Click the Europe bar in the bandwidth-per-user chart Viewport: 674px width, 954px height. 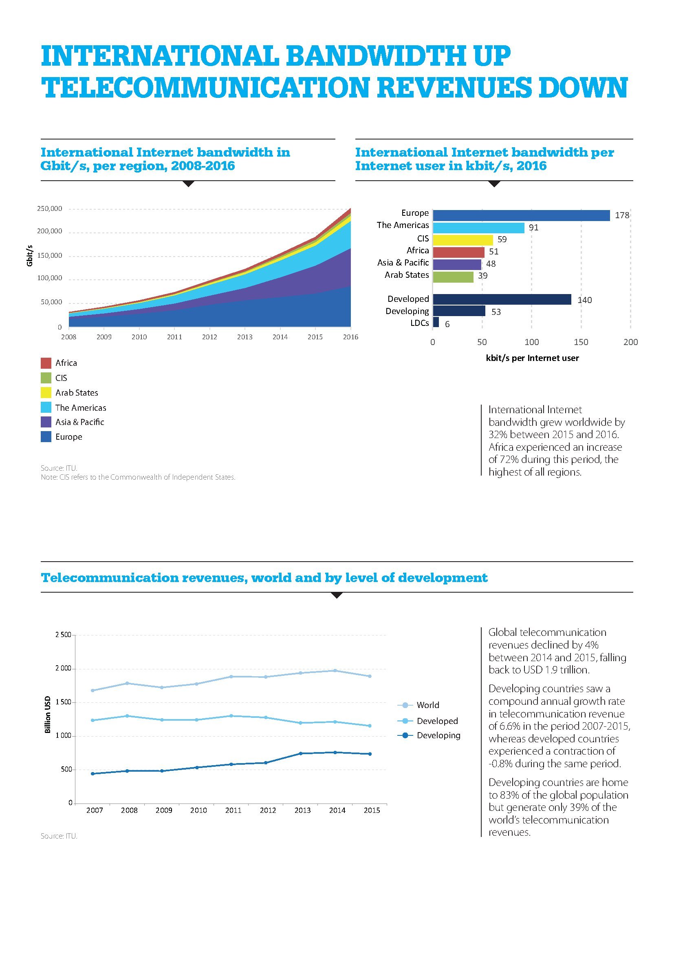pos(521,215)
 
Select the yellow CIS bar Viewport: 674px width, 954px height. pos(463,240)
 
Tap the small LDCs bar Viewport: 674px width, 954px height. pos(436,323)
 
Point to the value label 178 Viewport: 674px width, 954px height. pos(622,215)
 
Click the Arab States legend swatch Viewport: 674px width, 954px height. pos(46,393)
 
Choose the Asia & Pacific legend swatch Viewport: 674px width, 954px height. pos(46,422)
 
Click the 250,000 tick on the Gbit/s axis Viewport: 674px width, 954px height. pos(50,208)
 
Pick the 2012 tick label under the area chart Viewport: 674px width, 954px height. pos(209,337)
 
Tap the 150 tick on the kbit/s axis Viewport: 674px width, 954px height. pos(581,342)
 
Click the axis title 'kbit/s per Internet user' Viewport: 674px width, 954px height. pos(532,358)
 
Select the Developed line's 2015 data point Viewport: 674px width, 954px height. pos(370,726)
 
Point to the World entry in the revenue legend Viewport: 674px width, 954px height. pos(427,705)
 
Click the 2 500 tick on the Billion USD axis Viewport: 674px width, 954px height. pos(63,635)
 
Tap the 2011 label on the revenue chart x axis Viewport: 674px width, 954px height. pos(233,810)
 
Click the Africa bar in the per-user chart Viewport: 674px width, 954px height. pos(458,252)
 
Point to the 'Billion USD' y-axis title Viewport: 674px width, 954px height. pos(48,714)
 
